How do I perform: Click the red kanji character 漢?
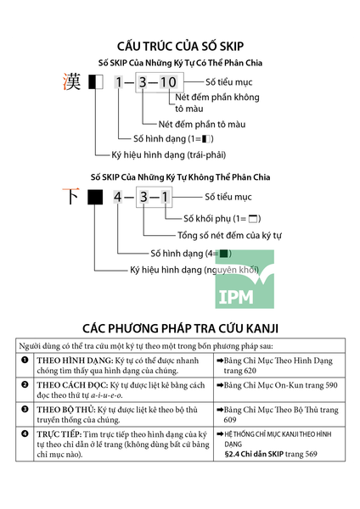(x=71, y=81)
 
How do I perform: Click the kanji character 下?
(x=70, y=196)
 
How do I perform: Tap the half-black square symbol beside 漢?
(x=96, y=81)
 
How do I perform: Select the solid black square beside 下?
(x=95, y=197)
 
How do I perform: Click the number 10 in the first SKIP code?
(x=168, y=82)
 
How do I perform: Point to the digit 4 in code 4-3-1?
(x=118, y=197)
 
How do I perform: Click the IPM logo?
(x=245, y=279)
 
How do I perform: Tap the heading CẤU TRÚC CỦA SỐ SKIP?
(x=180, y=46)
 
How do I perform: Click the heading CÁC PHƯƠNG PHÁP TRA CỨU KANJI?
(x=180, y=328)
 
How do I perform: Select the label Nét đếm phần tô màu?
(x=202, y=124)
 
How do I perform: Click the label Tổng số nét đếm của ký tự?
(x=229, y=235)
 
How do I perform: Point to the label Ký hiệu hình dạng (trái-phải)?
(x=169, y=154)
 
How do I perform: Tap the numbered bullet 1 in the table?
(x=25, y=360)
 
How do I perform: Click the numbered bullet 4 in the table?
(x=25, y=433)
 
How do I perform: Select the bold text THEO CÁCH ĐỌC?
(x=72, y=385)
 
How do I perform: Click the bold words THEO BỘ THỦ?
(x=66, y=410)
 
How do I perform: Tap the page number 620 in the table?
(x=248, y=371)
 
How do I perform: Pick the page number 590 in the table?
(x=331, y=385)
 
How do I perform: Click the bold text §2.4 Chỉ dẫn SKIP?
(x=254, y=454)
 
